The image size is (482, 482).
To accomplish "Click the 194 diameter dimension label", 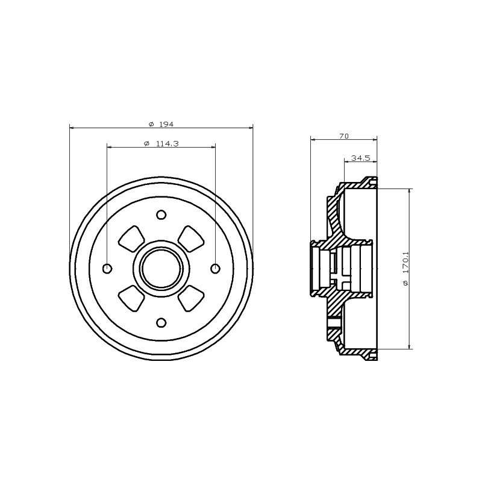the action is tap(166, 124).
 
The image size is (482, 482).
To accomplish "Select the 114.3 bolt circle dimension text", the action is tap(167, 143).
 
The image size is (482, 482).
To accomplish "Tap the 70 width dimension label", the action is tap(344, 136).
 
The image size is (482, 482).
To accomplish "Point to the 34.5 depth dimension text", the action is tap(360, 158).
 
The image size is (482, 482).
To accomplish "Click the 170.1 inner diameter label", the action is tap(405, 263).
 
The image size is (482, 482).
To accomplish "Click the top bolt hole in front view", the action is tap(161, 214).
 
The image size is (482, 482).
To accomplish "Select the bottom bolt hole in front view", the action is tap(161, 323).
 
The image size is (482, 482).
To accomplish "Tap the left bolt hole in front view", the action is tap(107, 269).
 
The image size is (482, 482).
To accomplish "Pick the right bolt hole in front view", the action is tap(215, 269).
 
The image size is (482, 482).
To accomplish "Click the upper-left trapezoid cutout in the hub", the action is tap(131, 239).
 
